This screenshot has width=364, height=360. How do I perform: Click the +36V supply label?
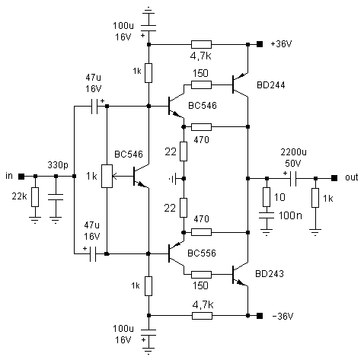[281, 44]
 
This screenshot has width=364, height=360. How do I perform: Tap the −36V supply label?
[283, 316]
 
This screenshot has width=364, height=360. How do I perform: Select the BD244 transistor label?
[271, 84]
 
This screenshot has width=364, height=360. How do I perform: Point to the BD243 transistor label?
[270, 273]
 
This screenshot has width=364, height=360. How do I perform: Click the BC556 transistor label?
[202, 253]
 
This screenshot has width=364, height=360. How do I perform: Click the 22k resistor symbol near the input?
[35, 197]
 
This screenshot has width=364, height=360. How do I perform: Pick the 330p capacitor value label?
[58, 165]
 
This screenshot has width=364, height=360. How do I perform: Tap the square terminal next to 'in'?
[21, 176]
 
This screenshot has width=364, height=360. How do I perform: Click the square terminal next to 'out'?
[334, 178]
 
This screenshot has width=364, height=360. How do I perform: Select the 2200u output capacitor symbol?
[293, 178]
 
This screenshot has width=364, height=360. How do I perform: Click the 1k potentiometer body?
[107, 176]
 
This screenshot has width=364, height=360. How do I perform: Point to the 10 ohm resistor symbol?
[267, 197]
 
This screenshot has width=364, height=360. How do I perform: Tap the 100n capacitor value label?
[290, 215]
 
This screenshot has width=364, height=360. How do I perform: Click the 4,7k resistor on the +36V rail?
[201, 44]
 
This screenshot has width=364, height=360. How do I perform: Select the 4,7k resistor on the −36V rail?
[202, 316]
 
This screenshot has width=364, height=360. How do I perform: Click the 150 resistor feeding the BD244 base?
[201, 84]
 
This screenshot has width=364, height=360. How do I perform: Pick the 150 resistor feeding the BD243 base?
[201, 275]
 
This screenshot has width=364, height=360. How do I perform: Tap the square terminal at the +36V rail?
[260, 44]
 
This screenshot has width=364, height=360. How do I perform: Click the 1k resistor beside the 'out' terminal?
[315, 198]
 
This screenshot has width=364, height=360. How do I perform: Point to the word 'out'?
[352, 177]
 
